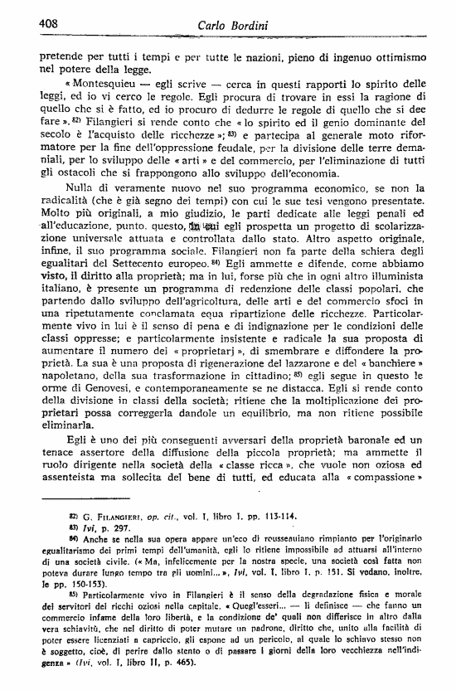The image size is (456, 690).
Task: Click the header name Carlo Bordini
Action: (234, 26)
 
